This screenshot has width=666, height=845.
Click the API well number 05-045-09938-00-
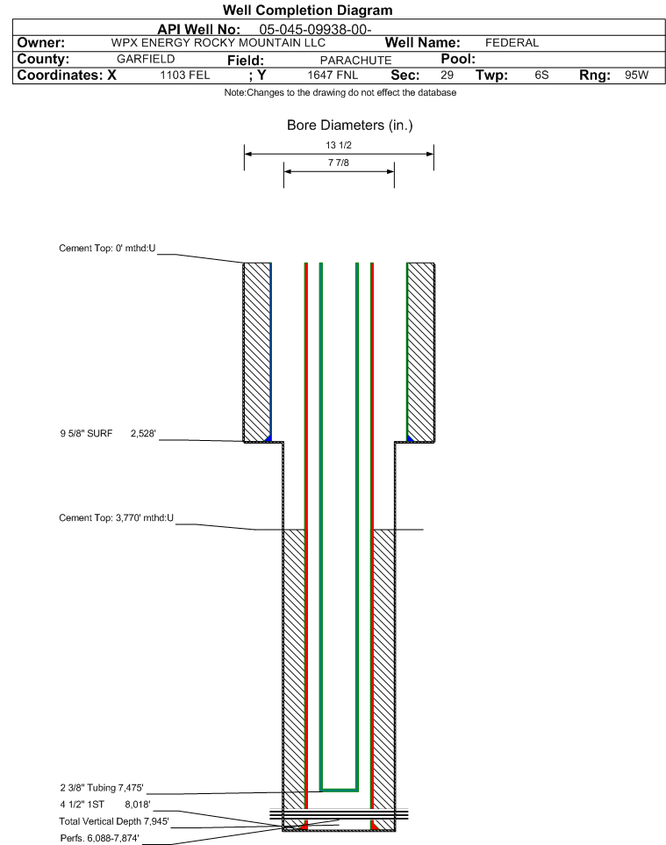(x=315, y=29)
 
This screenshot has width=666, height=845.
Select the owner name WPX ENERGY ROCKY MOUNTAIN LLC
(x=218, y=42)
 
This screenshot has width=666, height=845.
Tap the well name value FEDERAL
(x=512, y=42)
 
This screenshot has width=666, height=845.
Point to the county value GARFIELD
(x=146, y=59)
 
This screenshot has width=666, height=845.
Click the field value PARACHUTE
(x=356, y=60)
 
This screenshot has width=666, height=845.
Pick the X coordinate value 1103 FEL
(x=184, y=75)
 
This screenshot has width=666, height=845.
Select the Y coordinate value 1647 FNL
(x=333, y=75)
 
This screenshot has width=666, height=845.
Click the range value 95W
(x=636, y=75)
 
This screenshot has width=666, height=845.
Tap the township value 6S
(x=541, y=75)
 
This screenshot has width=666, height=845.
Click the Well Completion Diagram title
(x=307, y=11)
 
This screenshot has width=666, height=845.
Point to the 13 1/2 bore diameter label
(x=339, y=145)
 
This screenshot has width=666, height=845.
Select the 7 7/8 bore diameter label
(x=339, y=162)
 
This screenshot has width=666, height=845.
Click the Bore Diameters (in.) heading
(x=349, y=125)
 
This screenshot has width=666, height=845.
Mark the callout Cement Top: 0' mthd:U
(x=107, y=248)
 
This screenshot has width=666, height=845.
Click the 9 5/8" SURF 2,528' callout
(x=108, y=433)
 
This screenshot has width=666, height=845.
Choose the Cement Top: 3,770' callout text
(x=117, y=518)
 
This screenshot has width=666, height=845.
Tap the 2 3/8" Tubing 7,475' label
(x=102, y=788)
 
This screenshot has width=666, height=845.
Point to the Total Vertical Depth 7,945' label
(x=114, y=821)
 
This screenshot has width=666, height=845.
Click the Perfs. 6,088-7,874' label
(x=100, y=838)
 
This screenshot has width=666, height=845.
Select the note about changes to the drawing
(x=340, y=93)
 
